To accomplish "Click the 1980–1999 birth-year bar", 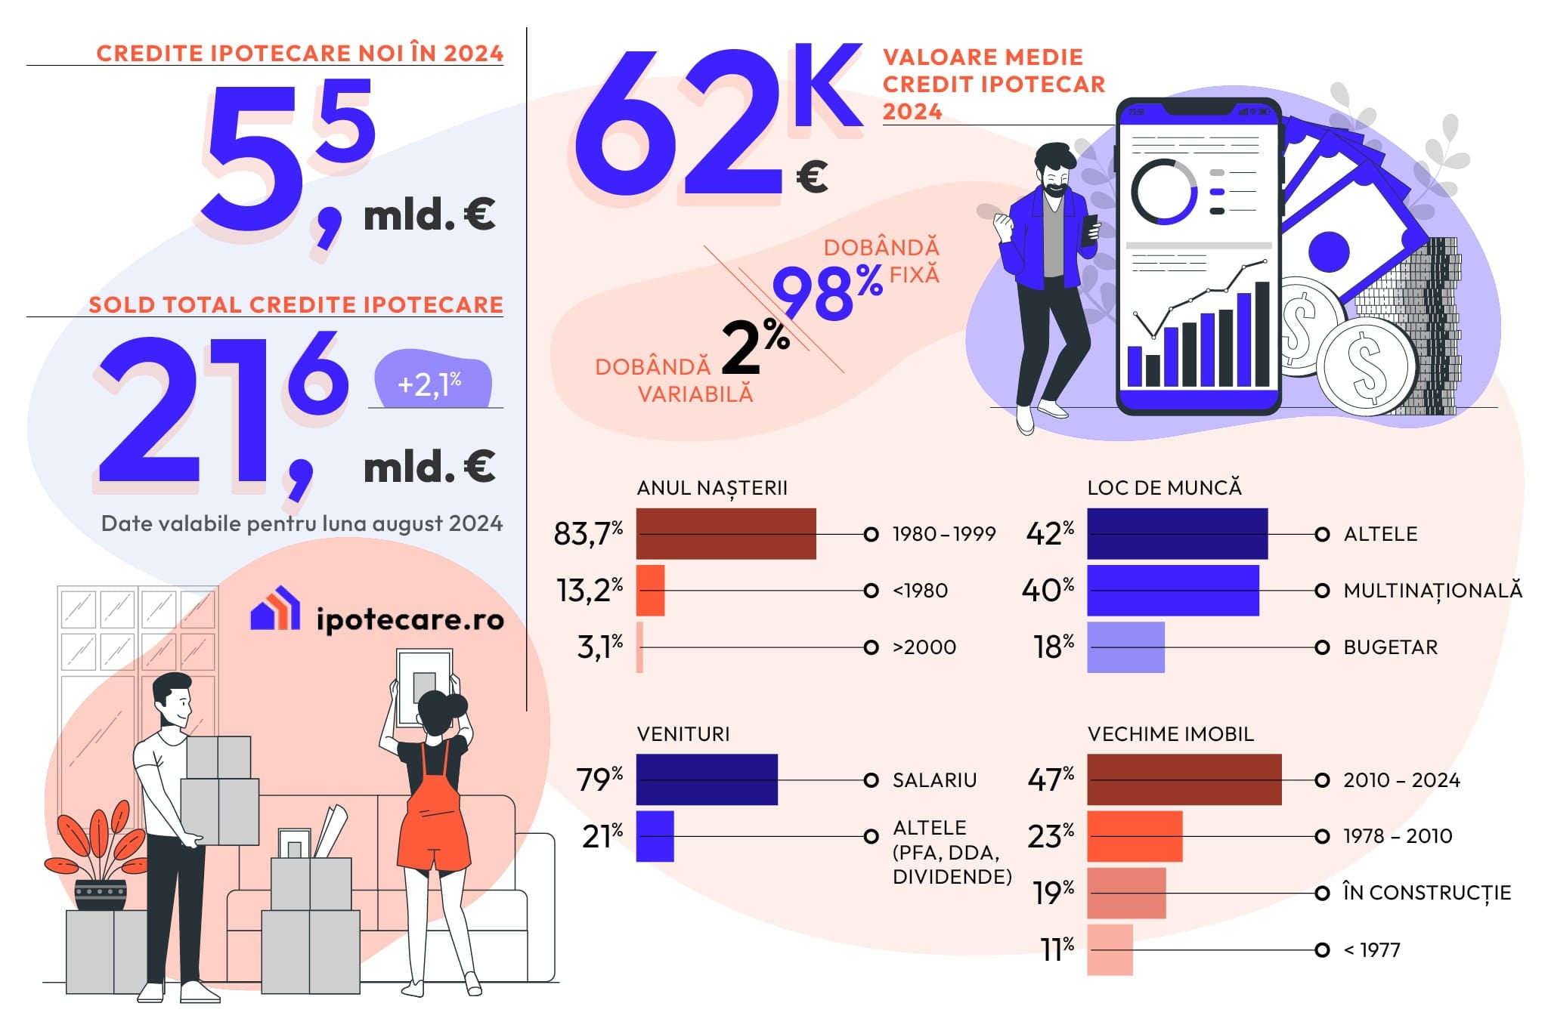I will click(726, 534).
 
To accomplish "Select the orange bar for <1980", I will click(650, 591).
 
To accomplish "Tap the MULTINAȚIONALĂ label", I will click(1432, 591).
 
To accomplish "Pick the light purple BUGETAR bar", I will click(1125, 647).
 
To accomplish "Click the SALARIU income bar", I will click(707, 779).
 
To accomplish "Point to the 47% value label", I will click(1051, 779).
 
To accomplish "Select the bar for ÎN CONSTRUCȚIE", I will click(1126, 893).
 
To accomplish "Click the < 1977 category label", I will click(1371, 950).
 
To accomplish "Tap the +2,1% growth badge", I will click(432, 383).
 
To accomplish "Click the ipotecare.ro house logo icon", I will click(275, 609).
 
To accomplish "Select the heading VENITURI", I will click(683, 734).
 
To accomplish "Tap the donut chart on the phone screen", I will click(1163, 192).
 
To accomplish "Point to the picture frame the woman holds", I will click(424, 684).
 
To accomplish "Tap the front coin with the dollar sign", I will click(1367, 366).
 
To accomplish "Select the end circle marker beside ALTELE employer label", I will click(1322, 535).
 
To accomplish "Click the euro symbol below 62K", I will click(812, 177).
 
